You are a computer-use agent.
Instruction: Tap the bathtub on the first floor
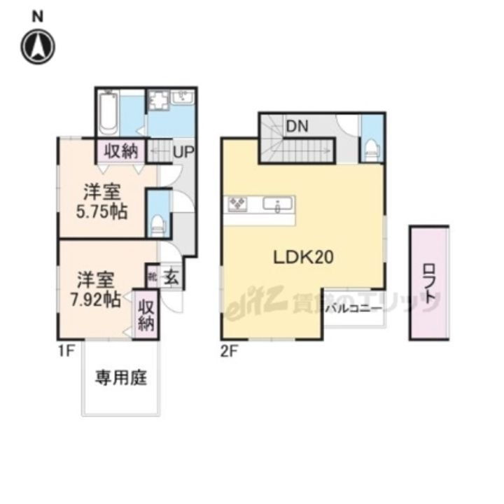[x=108, y=113]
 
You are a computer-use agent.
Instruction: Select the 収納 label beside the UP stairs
[x=121, y=150]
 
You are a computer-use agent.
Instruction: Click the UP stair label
[x=183, y=150]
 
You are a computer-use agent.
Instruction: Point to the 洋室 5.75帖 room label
[x=102, y=202]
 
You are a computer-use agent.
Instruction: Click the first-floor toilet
[x=158, y=223]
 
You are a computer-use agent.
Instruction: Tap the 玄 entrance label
[x=171, y=277]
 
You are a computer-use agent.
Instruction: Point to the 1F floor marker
[x=65, y=352]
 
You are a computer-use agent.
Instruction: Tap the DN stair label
[x=296, y=128]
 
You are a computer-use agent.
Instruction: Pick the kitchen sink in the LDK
[x=279, y=205]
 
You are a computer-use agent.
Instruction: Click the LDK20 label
[x=302, y=258]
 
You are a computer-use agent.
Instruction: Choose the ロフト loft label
[x=428, y=284]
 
